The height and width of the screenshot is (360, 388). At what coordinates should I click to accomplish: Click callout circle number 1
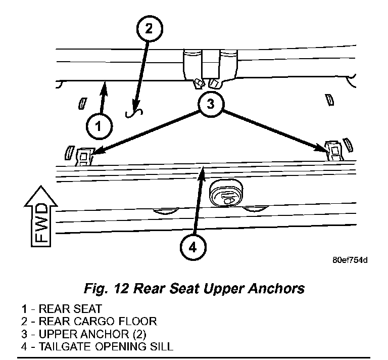pyautogui.click(x=100, y=125)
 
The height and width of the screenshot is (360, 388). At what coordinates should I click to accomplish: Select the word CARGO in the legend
pyautogui.click(x=91, y=322)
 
